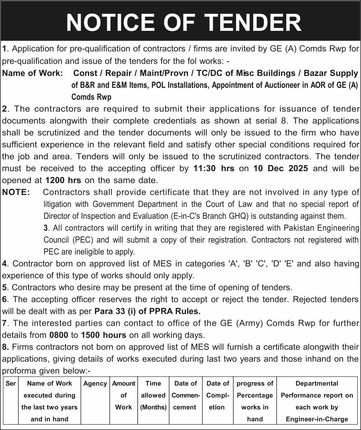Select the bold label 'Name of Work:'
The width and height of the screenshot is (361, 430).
coord(33,73)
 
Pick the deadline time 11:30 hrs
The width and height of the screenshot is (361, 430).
coord(214,168)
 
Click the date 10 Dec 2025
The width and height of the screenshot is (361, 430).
coord(281,168)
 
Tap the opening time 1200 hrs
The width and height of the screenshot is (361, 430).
coord(63,180)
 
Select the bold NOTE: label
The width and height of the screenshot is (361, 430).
coord(16,192)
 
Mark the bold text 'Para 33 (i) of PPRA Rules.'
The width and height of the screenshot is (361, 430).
coord(147,311)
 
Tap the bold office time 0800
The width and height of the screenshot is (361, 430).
coord(59,335)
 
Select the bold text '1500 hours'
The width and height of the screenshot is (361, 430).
coord(103,335)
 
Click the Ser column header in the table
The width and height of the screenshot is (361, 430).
coord(11,383)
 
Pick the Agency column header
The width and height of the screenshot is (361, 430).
coord(95,383)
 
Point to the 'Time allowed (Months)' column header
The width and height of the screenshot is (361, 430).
coord(153,395)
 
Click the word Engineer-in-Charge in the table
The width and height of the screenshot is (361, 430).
coord(317,419)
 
